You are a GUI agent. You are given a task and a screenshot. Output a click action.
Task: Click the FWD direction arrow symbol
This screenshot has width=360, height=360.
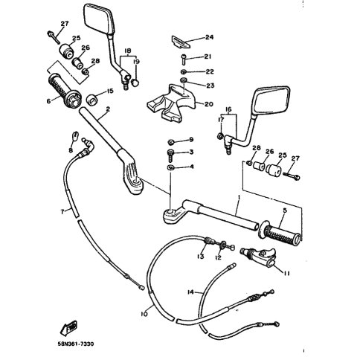tap(68, 328)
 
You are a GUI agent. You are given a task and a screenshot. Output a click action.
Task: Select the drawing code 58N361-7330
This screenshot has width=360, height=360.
tap(75, 344)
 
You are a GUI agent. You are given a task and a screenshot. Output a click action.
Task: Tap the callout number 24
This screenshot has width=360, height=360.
tap(209, 37)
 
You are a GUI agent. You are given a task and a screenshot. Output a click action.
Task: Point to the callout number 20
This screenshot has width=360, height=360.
tap(209, 104)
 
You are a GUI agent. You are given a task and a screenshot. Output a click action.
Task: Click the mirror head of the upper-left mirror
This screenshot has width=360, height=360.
tap(99, 19)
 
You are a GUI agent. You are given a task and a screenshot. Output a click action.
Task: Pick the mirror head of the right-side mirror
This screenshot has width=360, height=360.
tap(271, 100)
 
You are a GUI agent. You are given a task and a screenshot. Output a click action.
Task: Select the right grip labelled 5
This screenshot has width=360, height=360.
tap(280, 232)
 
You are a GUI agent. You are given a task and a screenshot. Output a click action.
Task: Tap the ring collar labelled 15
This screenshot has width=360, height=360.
tap(92, 100)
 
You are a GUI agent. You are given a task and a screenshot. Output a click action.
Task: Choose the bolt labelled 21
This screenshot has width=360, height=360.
tap(184, 60)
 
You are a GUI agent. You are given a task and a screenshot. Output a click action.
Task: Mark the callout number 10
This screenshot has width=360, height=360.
tap(144, 314)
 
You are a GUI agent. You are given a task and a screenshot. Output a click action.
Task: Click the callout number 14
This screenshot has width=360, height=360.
tap(190, 292)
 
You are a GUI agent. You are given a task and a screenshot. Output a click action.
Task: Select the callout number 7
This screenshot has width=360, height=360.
tap(62, 211)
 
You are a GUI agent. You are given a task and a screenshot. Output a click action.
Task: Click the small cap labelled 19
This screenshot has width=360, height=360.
tap(135, 82)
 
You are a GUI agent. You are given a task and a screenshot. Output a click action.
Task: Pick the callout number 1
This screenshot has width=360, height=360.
tap(239, 198)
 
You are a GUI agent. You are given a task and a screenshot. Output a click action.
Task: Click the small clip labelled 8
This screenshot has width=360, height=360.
tap(75, 135)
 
